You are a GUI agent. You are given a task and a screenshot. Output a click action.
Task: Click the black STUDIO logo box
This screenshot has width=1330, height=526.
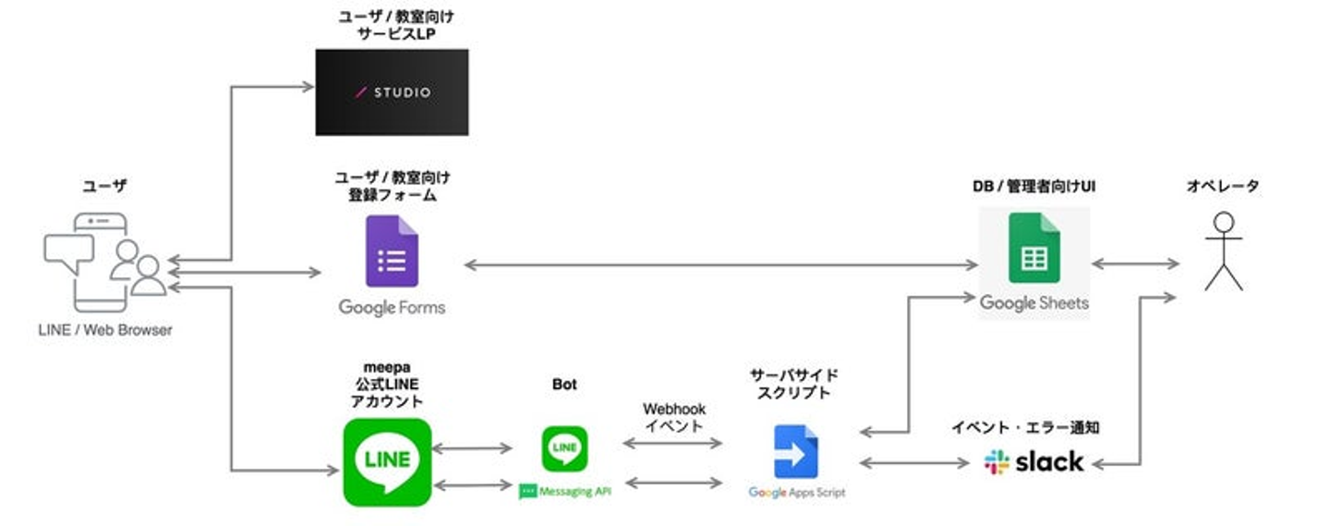coord(392,92)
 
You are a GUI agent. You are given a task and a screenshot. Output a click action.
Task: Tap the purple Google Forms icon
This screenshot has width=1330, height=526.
coord(392,251)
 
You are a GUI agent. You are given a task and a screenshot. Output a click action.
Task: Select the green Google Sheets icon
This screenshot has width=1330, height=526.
coord(1033,248)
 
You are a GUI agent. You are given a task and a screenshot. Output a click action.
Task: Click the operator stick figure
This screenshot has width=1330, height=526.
coord(1224,251)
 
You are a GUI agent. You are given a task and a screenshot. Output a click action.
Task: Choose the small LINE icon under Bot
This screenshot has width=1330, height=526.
coord(564,448)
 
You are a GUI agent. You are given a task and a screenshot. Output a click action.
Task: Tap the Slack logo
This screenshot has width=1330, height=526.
coord(1034,461)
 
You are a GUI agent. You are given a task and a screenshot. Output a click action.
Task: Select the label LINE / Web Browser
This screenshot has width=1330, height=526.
coord(104,329)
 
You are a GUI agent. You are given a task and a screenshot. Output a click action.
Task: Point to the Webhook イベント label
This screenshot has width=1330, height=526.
coord(674,417)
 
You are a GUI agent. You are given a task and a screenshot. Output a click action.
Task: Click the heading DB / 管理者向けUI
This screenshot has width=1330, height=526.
coord(1034,187)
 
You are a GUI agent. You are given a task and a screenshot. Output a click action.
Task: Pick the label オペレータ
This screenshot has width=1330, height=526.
coord(1223,187)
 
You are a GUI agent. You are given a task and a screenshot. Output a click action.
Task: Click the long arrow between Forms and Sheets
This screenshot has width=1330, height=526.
coord(720,265)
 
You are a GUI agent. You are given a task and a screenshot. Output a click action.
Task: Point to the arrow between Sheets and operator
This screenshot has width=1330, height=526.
coord(1135,264)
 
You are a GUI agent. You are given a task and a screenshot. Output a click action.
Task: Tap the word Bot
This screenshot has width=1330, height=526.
coord(564,385)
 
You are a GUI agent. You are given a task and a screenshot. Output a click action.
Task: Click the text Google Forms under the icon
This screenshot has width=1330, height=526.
coord(392,307)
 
